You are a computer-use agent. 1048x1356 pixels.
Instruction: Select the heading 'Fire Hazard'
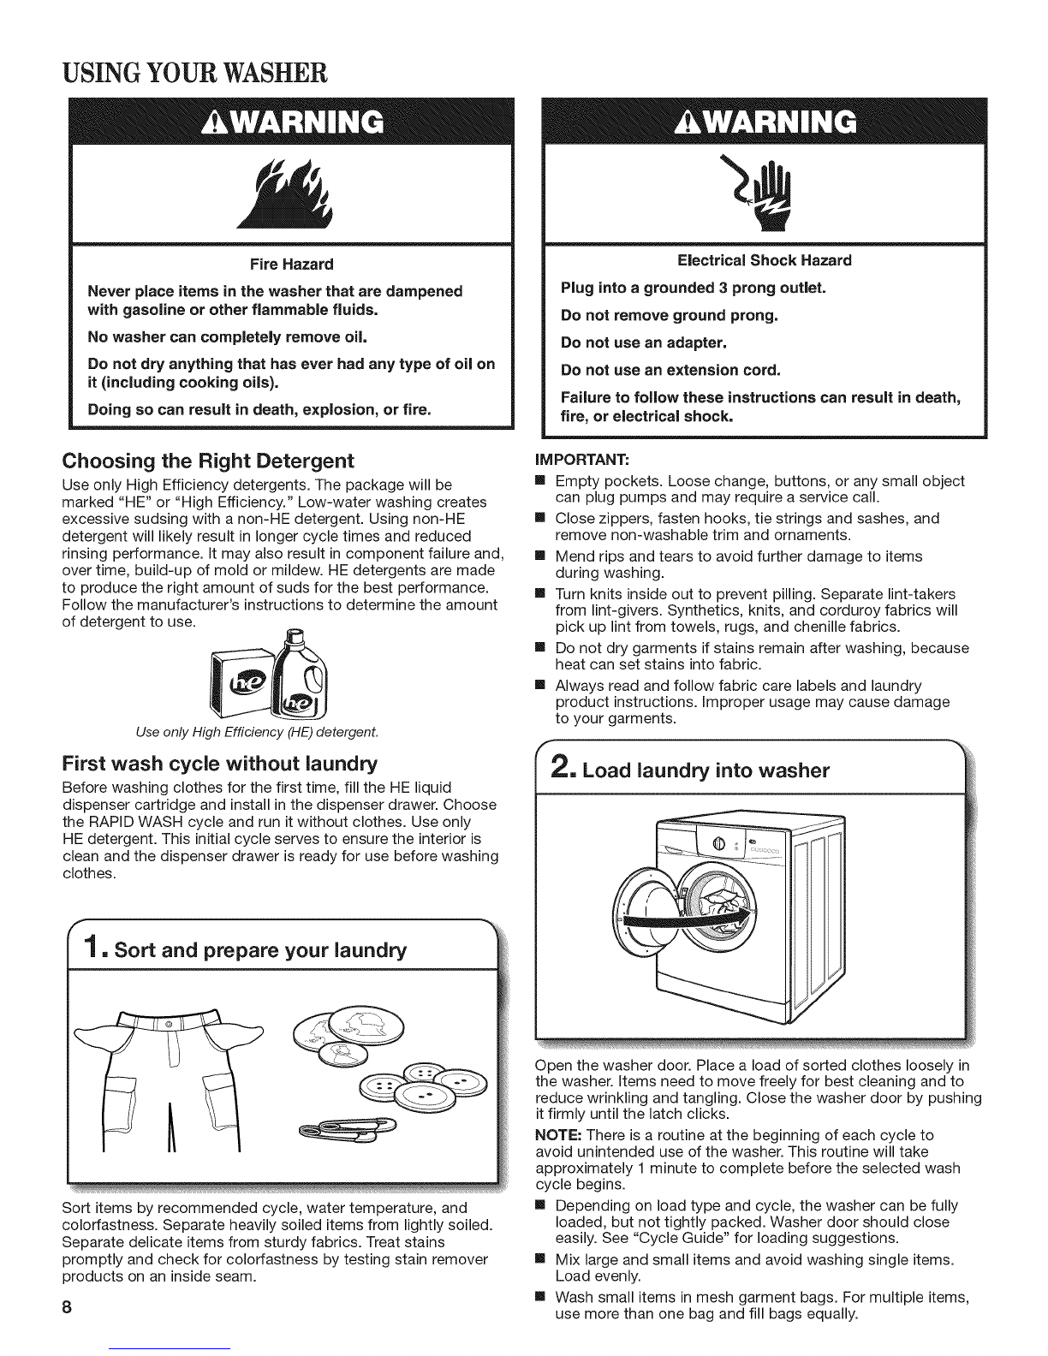click(291, 265)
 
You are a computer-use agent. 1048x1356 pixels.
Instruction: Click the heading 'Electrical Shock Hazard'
click(765, 260)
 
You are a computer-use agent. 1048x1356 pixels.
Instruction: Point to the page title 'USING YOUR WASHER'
click(194, 73)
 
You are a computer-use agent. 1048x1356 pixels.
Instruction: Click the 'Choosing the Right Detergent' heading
click(208, 461)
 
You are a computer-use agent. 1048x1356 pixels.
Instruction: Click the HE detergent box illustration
click(242, 682)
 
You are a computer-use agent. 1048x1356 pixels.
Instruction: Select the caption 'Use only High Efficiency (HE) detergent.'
click(257, 732)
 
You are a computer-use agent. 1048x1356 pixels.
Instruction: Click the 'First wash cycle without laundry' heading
click(220, 764)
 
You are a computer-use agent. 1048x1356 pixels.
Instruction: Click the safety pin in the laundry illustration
click(348, 1126)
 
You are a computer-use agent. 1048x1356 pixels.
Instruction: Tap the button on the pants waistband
click(168, 1026)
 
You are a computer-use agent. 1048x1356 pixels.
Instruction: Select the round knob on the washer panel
click(718, 845)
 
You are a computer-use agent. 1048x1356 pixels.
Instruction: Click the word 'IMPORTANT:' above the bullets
click(581, 460)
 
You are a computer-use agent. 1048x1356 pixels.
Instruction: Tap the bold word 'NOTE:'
click(558, 1135)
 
